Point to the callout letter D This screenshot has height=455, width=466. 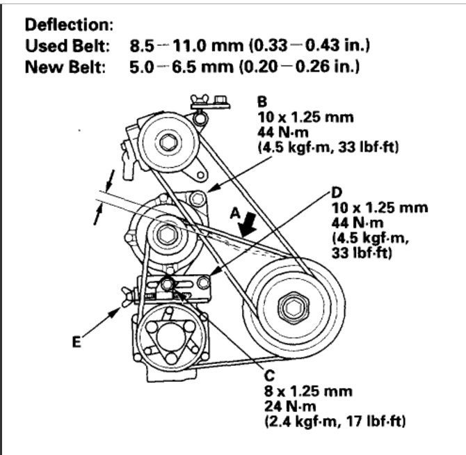pos(336,191)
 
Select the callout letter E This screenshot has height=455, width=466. pos(77,342)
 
